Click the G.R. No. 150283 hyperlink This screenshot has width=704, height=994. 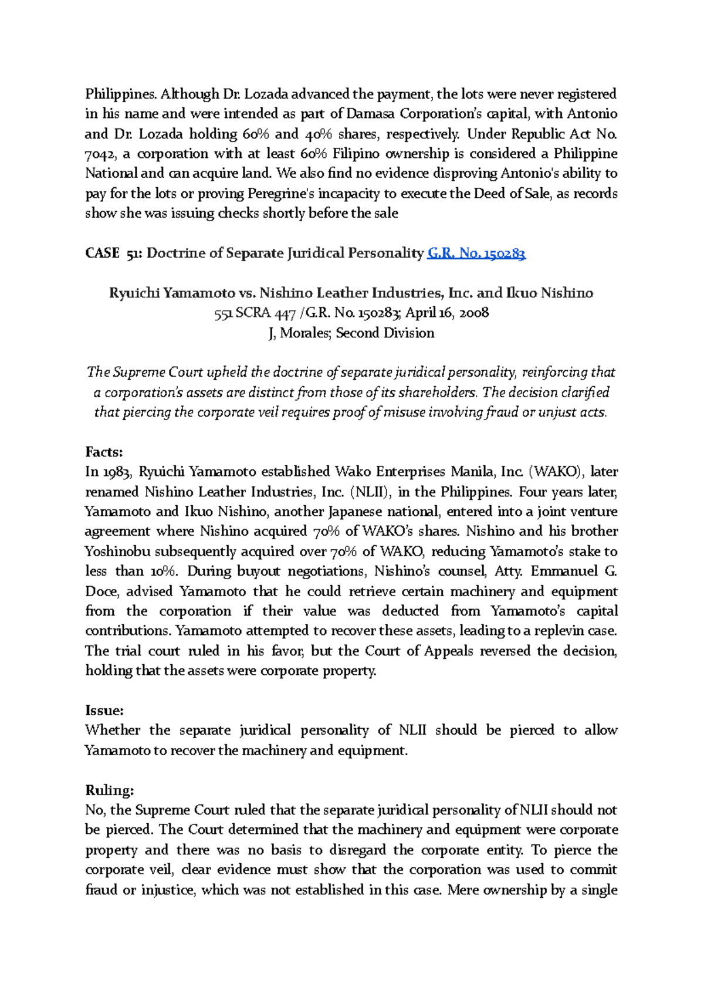[476, 253]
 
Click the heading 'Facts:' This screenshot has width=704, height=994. [104, 452]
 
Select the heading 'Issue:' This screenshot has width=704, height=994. [104, 711]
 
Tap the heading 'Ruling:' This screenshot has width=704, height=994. [110, 790]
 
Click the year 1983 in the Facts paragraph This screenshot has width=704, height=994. [117, 472]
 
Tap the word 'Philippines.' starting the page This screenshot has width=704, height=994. [121, 94]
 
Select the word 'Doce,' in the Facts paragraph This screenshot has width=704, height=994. [101, 591]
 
